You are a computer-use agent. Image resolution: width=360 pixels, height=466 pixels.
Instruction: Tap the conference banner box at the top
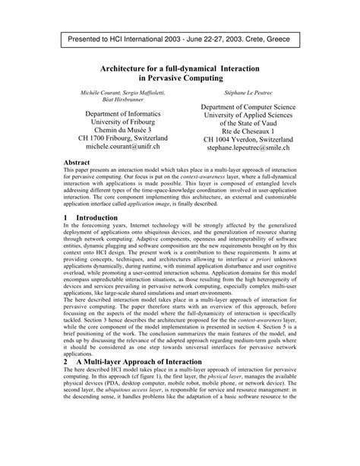point(179,37)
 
